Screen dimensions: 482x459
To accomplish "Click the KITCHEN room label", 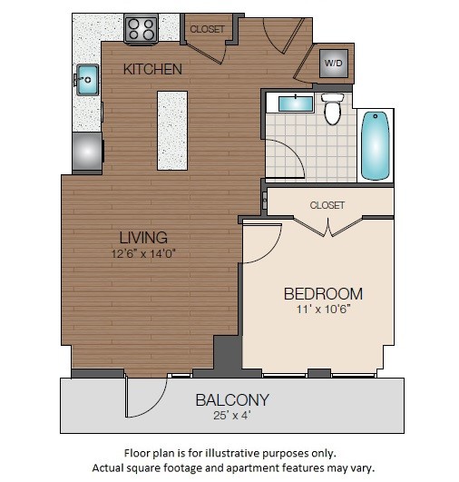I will click(153, 69).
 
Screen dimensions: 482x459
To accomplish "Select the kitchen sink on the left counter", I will click(88, 79).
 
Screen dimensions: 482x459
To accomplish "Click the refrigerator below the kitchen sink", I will click(88, 150).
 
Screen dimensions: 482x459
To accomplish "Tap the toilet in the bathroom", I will click(333, 110).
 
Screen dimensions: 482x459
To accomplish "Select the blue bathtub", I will click(375, 145).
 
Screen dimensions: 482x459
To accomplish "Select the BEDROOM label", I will click(323, 293).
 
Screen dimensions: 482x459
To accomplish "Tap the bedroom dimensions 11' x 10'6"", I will click(323, 310).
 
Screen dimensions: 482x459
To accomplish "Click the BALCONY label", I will click(232, 399).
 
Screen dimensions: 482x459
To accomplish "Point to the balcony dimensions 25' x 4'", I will click(232, 416).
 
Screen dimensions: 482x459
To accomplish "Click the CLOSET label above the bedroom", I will click(327, 205).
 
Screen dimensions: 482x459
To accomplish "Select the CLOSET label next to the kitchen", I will click(207, 29).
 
